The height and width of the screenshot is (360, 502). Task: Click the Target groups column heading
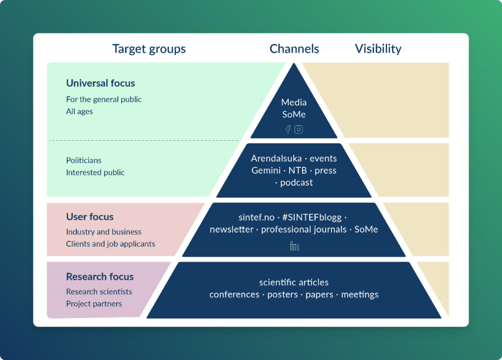point(149,49)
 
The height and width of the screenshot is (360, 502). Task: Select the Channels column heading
point(294,49)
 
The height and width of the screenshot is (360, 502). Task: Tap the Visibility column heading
point(378,49)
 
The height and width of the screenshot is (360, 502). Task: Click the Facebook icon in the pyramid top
point(288,129)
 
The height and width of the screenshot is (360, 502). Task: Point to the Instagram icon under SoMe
point(299,129)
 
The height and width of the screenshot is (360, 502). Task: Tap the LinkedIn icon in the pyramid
point(294,246)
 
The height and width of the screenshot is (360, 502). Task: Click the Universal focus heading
point(100,83)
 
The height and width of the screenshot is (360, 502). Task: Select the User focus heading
point(90,217)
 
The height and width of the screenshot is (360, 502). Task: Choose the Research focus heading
point(100,277)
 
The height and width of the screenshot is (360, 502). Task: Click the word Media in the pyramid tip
point(294,103)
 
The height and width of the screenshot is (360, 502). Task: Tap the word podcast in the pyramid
point(296,182)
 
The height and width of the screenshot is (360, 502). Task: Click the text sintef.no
point(256,217)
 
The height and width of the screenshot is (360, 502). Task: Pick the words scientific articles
point(294,283)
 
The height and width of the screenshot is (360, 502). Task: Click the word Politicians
point(84,160)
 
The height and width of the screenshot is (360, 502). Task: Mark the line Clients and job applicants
point(111,244)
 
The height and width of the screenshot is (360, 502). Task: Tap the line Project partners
point(94,304)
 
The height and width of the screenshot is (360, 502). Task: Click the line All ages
point(79,111)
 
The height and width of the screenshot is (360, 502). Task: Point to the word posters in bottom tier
point(282,295)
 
